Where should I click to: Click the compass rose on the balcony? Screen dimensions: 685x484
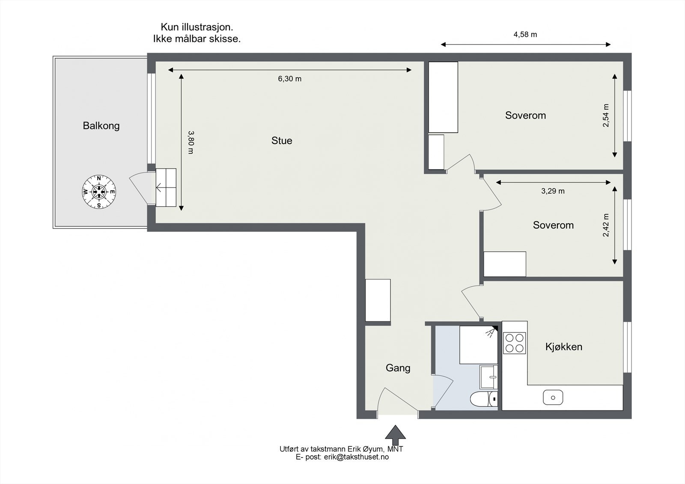(x=99, y=192)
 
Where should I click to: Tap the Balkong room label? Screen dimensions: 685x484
(x=101, y=126)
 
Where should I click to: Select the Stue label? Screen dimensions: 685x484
(x=282, y=140)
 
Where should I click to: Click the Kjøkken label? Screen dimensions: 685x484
(x=563, y=346)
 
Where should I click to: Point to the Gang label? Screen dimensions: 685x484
(x=398, y=368)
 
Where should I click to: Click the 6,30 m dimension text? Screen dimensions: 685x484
(x=289, y=79)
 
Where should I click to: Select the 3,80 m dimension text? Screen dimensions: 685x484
(x=191, y=143)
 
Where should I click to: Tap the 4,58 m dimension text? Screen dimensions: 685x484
(x=525, y=35)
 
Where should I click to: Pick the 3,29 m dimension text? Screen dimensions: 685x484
(x=553, y=191)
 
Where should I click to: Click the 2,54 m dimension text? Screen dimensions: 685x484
(x=606, y=115)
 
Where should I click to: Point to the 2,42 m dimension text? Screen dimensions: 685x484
(x=606, y=225)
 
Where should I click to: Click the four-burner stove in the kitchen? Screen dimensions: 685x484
(x=514, y=343)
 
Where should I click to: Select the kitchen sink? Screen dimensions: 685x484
(x=553, y=398)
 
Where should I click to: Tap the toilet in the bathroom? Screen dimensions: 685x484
(x=484, y=399)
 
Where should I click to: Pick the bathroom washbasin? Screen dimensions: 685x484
(x=488, y=377)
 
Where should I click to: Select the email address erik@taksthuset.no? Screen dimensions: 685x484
(x=356, y=457)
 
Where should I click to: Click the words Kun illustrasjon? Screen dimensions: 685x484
(x=197, y=27)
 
